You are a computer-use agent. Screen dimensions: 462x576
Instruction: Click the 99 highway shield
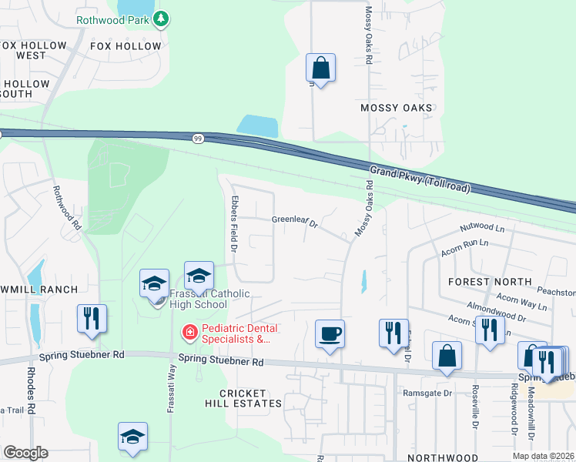tap(198, 138)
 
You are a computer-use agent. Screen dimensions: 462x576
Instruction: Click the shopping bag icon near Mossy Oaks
tap(320, 68)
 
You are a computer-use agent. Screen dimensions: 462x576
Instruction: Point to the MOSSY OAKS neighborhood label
tap(397, 108)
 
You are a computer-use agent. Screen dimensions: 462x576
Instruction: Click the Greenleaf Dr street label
tap(295, 222)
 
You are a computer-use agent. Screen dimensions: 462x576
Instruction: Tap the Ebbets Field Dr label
tap(233, 224)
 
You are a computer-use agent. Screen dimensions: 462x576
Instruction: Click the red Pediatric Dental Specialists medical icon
tap(188, 333)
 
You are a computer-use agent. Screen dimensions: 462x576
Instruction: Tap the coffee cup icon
tap(330, 333)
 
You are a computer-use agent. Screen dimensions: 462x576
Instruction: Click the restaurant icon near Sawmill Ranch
tap(92, 317)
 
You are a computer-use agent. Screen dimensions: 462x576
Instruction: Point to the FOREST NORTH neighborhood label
tap(489, 282)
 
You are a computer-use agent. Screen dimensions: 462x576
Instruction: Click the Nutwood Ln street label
tap(481, 229)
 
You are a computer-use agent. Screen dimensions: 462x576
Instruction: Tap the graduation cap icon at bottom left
tap(132, 436)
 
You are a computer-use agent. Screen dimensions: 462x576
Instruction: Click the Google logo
tap(25, 453)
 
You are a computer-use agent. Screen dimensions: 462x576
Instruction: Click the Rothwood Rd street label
tap(66, 207)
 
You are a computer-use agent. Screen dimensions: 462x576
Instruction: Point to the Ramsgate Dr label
tap(426, 393)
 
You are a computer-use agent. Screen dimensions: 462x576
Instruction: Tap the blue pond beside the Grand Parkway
tap(258, 126)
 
